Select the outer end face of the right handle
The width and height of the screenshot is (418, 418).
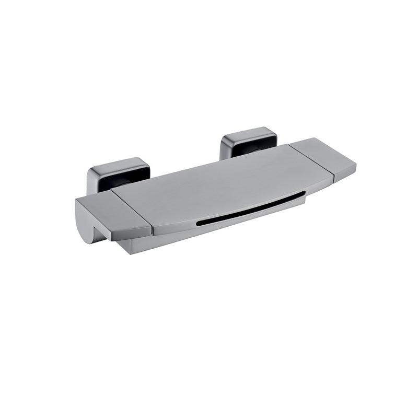[x=345, y=172]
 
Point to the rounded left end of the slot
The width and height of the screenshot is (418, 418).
[x=199, y=223]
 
